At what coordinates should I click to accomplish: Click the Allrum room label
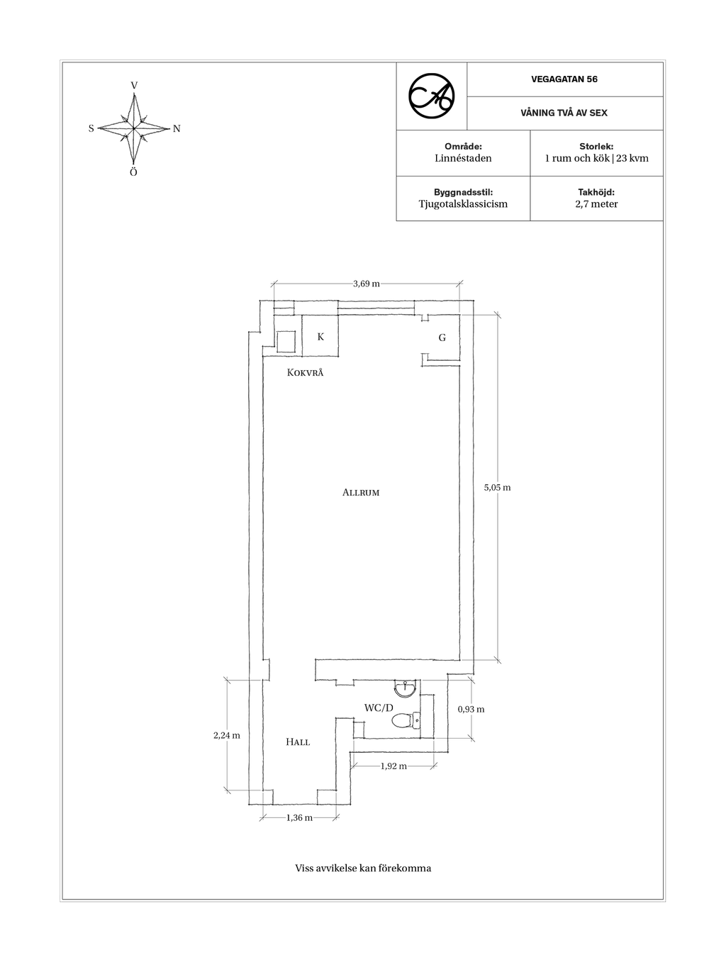pyautogui.click(x=361, y=493)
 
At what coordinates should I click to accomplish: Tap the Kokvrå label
pyautogui.click(x=305, y=372)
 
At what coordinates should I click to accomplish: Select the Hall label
pyautogui.click(x=298, y=742)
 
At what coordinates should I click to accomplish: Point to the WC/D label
pyautogui.click(x=379, y=707)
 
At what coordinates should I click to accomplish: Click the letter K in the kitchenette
pyautogui.click(x=320, y=337)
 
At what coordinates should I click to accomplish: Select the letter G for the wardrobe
pyautogui.click(x=442, y=337)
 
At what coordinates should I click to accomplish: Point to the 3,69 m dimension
pyautogui.click(x=367, y=284)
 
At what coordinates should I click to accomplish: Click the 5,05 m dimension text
pyautogui.click(x=497, y=487)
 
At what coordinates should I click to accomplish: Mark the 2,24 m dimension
pyautogui.click(x=226, y=735)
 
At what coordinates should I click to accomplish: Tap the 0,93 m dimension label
pyautogui.click(x=471, y=709)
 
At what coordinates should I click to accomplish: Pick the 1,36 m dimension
pyautogui.click(x=299, y=818)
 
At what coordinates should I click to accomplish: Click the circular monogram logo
pyautogui.click(x=432, y=96)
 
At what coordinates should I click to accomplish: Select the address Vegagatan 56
pyautogui.click(x=564, y=79)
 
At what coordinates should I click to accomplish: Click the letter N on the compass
pyautogui.click(x=177, y=129)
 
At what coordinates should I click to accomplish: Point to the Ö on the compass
pyautogui.click(x=133, y=172)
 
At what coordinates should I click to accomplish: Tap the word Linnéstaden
pyautogui.click(x=463, y=158)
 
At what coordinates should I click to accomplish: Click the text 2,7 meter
pyautogui.click(x=596, y=203)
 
